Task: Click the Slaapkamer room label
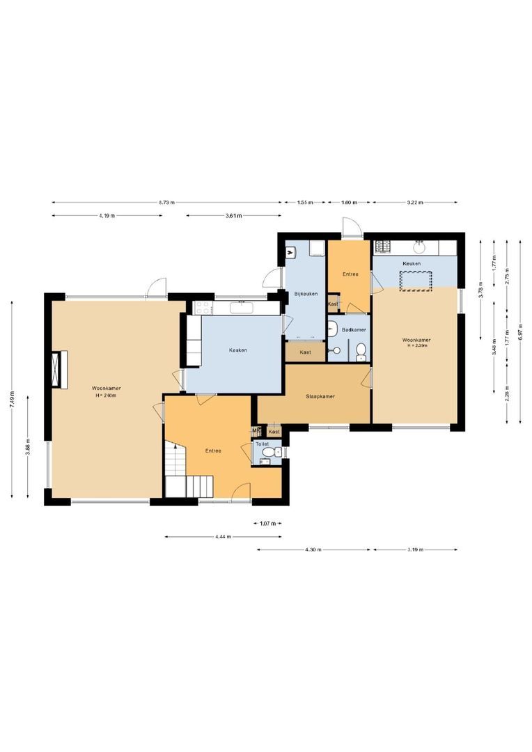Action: [320, 396]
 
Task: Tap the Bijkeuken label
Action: [306, 294]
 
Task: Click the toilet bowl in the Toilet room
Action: [269, 451]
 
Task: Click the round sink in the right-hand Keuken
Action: [420, 246]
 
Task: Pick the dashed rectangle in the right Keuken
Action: [415, 280]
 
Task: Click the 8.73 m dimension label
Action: [166, 203]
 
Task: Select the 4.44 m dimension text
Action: [223, 537]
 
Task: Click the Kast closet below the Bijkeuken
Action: [305, 352]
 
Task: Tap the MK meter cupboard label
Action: [256, 431]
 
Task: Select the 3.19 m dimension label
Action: [415, 550]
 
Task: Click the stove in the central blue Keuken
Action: [203, 307]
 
